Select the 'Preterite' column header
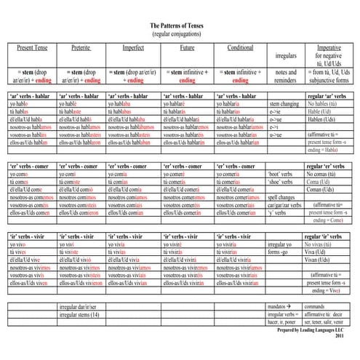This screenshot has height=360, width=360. pos(81,48)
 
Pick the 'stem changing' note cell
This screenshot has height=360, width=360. pos(284,105)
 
